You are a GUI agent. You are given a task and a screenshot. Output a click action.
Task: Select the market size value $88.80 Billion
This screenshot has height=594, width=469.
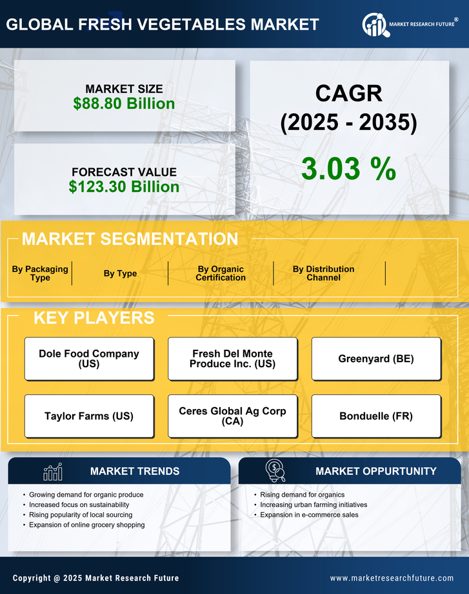(124, 104)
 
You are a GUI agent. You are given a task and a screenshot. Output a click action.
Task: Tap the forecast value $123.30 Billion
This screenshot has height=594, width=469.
(124, 187)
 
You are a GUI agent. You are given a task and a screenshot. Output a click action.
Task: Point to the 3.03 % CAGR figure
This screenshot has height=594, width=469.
(348, 169)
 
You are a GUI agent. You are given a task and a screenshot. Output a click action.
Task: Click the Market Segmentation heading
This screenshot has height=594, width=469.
(130, 239)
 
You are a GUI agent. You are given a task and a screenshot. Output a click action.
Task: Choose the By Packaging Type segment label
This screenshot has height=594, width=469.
(40, 273)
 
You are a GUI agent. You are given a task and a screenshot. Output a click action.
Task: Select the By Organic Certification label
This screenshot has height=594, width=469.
(221, 273)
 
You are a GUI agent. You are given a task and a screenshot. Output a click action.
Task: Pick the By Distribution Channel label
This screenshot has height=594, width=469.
(323, 273)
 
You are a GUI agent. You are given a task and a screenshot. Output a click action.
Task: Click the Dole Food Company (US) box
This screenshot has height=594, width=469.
(89, 358)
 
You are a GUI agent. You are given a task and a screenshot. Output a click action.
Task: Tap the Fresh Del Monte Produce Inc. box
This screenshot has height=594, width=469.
(232, 358)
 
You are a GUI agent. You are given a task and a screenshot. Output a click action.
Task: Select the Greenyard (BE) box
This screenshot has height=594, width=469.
(376, 358)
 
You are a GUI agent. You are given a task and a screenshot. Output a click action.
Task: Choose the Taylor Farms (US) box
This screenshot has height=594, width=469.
(89, 416)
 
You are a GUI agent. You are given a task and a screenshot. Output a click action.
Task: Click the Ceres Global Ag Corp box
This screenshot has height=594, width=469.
(232, 416)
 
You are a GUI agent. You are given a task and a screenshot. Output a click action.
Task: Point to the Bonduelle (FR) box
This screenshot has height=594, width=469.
(376, 416)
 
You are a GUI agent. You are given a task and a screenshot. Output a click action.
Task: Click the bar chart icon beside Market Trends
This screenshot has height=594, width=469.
(52, 472)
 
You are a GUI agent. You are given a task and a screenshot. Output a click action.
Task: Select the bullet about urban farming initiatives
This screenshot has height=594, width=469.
(314, 504)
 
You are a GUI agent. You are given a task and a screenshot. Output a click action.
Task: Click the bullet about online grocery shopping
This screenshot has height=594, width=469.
(86, 525)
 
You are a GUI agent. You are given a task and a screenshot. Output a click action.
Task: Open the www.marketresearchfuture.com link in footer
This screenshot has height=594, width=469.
(392, 578)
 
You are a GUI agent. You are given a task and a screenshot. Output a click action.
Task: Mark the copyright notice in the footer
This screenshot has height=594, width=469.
(96, 578)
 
